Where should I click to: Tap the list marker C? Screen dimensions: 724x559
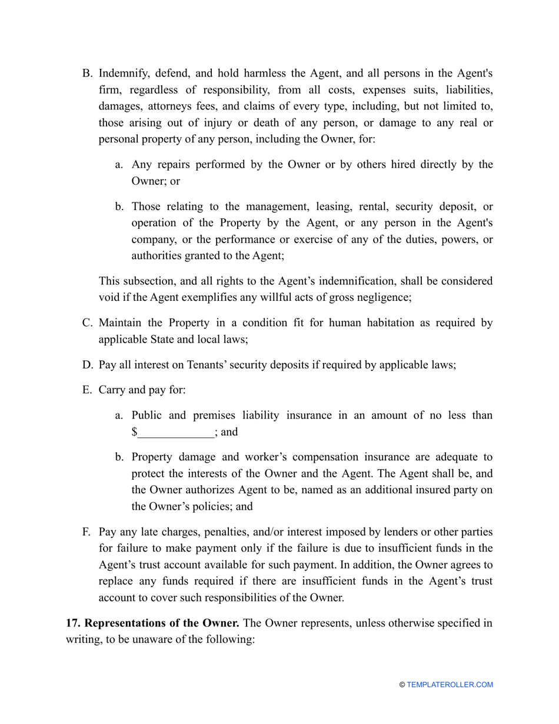tap(86, 323)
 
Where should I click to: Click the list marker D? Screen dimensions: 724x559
tap(86, 364)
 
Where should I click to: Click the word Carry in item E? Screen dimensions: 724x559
tap(112, 390)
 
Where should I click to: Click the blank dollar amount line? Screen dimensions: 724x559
tap(175, 433)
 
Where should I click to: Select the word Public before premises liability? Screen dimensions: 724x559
tap(147, 416)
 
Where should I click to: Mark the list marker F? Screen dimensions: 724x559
tap(86, 532)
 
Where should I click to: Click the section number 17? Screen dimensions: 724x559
tap(73, 623)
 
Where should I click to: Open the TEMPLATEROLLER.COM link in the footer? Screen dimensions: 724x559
tap(450, 685)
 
